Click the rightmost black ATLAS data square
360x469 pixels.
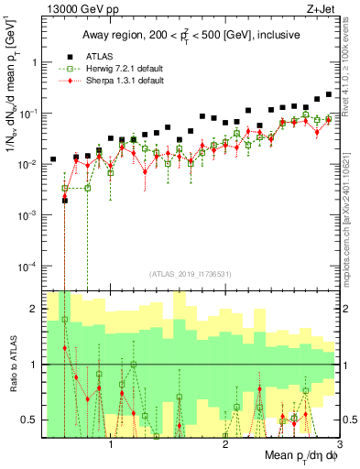click(x=329, y=94)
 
